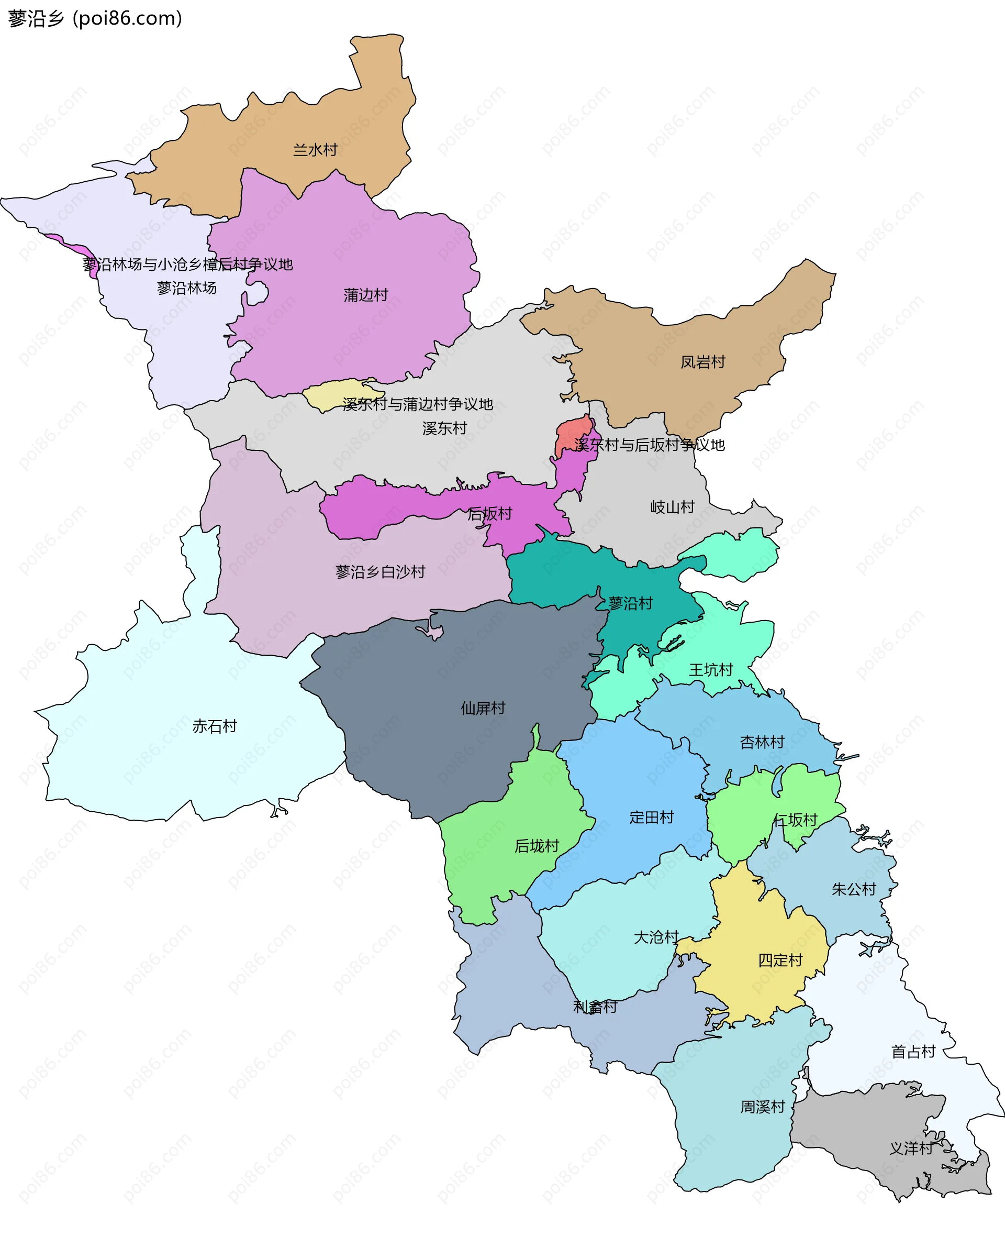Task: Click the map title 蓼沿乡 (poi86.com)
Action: tap(95, 18)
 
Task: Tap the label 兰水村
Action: tap(315, 150)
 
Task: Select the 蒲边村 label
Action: tap(365, 295)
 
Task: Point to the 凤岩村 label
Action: tap(702, 362)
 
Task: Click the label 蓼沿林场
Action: tap(186, 288)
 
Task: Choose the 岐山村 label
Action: tap(672, 507)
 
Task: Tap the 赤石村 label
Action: tap(214, 726)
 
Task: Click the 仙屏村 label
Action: tap(483, 708)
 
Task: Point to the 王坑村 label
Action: tap(710, 669)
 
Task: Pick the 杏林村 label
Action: tap(762, 742)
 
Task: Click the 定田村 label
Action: tap(651, 817)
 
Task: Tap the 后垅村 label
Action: tap(537, 846)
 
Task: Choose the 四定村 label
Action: tap(780, 960)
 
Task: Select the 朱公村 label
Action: tap(853, 889)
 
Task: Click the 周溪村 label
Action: tap(763, 1107)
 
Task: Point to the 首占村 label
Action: tap(913, 1051)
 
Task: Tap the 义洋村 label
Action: tap(911, 1148)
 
